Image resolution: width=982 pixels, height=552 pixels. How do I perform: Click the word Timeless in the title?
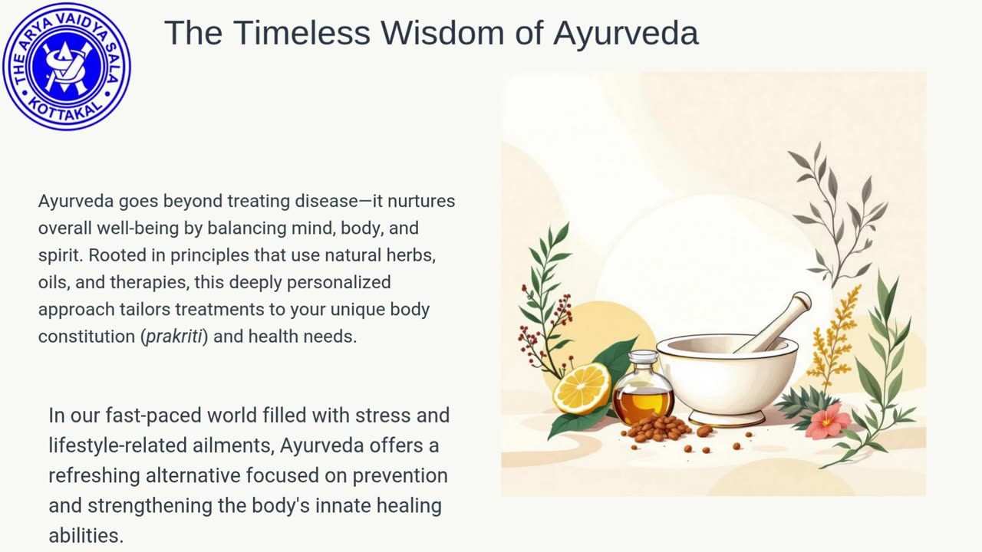click(302, 32)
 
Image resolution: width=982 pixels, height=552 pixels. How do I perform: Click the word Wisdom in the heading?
click(443, 32)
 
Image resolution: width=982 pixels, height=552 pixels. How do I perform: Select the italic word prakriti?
click(174, 337)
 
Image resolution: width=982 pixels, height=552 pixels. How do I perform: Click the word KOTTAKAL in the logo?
click(66, 110)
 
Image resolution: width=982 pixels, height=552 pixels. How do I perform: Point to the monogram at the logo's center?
click(66, 67)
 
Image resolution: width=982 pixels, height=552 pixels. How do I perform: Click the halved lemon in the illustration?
click(582, 389)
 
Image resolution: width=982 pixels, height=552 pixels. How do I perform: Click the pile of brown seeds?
click(657, 429)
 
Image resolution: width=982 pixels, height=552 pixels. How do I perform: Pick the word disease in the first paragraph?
click(326, 201)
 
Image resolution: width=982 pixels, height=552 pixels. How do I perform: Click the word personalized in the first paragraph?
click(339, 283)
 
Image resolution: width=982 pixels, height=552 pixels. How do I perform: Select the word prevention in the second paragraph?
click(400, 476)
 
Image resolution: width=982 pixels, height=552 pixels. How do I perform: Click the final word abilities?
click(86, 535)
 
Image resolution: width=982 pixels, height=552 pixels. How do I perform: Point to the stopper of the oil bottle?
click(644, 358)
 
